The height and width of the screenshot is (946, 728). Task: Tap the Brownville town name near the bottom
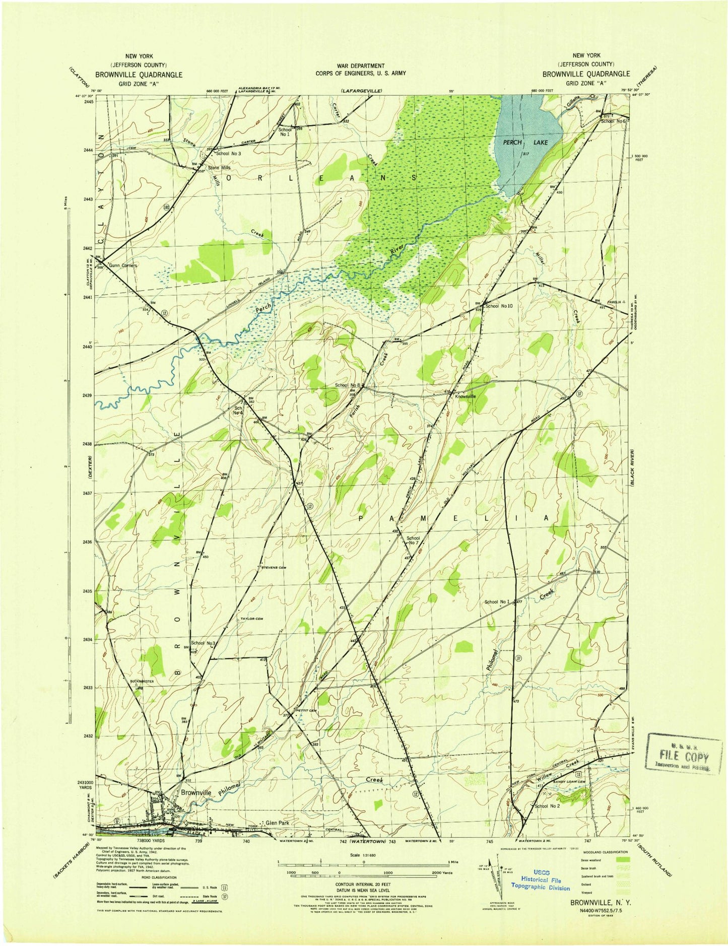(x=196, y=792)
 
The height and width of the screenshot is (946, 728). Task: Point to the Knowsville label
(x=465, y=396)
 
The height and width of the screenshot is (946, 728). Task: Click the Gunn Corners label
(x=123, y=265)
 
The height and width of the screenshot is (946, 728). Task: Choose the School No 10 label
(x=499, y=306)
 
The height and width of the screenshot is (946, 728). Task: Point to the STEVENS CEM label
(x=274, y=568)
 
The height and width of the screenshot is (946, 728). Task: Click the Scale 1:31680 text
(x=365, y=855)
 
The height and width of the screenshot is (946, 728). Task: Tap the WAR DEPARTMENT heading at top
(x=361, y=66)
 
